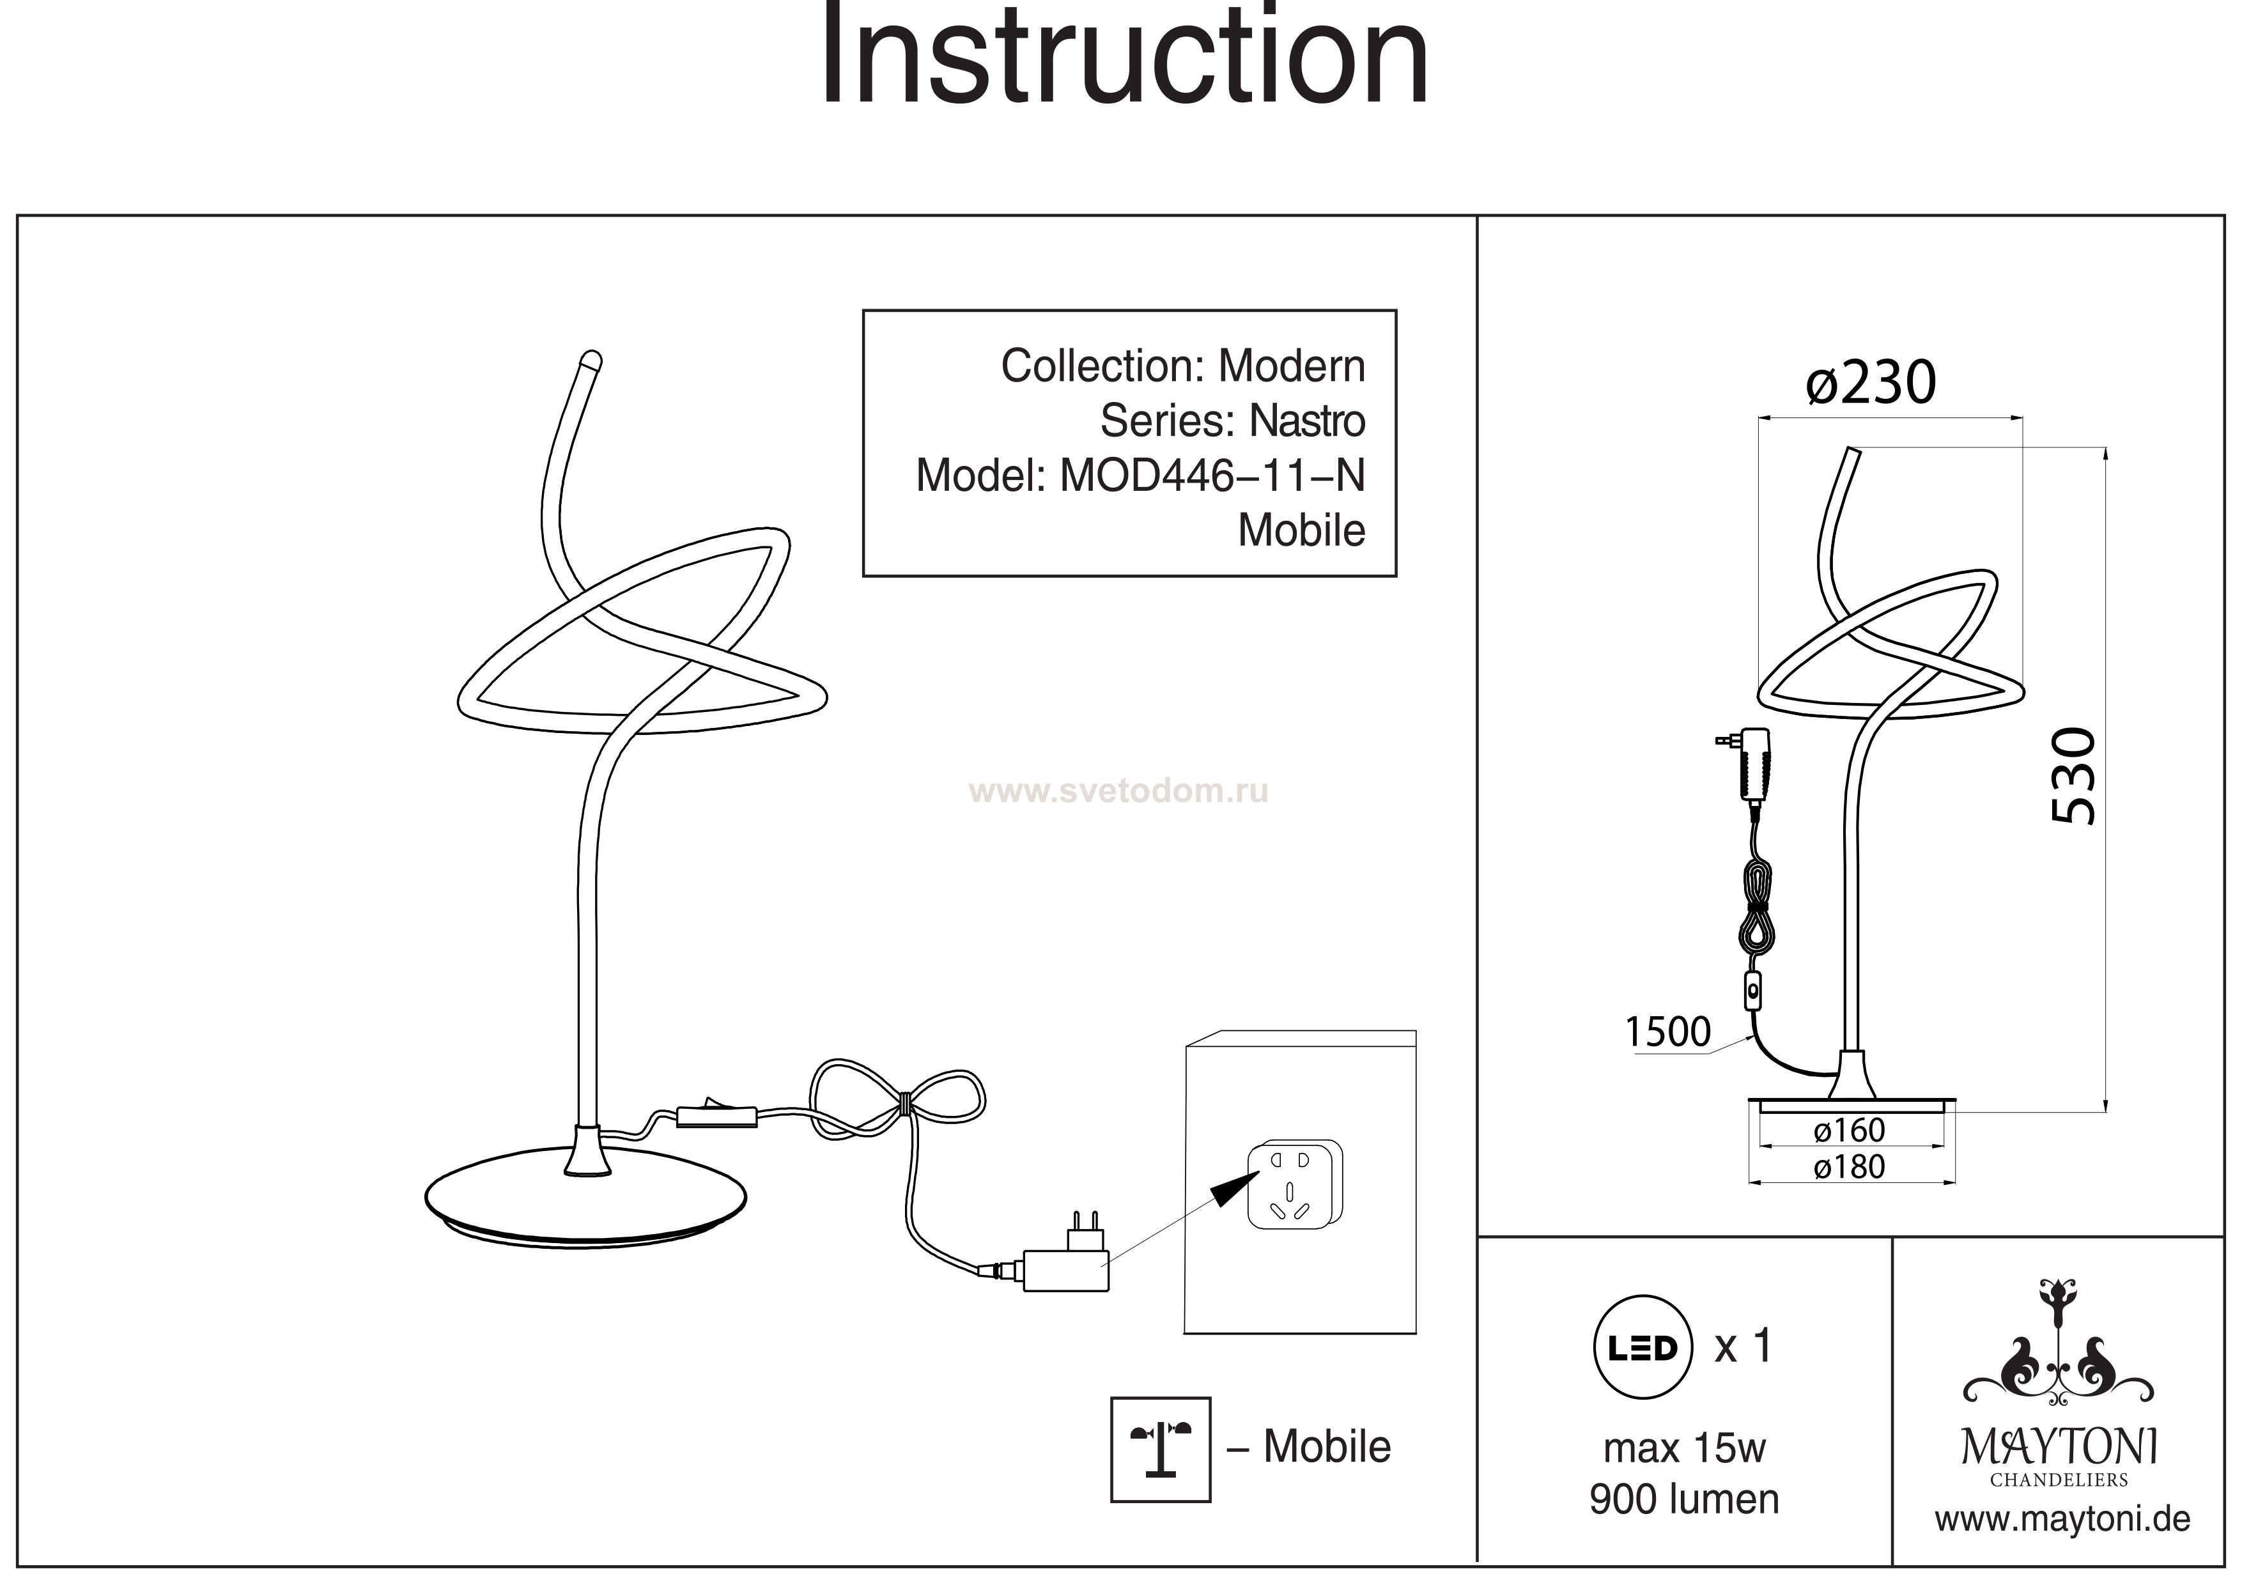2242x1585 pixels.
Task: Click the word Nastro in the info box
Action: pos(1308,421)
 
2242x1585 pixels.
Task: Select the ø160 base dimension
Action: pos(1850,1131)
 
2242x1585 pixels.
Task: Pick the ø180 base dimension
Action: pos(1850,1167)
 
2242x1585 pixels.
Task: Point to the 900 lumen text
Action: pos(1685,1500)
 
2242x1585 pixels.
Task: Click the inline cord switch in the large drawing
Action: pos(716,1115)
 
